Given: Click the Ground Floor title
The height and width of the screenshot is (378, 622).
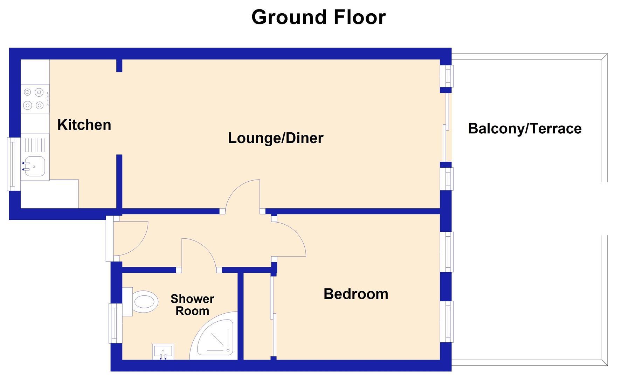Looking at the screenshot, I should point(318,17).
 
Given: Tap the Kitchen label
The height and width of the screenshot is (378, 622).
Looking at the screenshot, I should point(84,125).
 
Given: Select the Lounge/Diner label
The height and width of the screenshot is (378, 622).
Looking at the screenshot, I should point(276,138).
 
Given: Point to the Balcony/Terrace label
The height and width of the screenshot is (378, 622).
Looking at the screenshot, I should point(525,129).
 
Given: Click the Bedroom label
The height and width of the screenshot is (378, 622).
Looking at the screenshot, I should point(356,294).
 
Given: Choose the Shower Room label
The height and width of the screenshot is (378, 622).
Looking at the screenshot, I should point(192,305).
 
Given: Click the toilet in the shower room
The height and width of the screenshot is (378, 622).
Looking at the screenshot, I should point(142,301).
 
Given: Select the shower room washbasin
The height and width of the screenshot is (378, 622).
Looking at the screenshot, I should point(163,351).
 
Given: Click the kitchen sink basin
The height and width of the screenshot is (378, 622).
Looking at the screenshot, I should point(34,166).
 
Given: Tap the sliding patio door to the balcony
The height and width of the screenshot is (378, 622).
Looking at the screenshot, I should point(446,127).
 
